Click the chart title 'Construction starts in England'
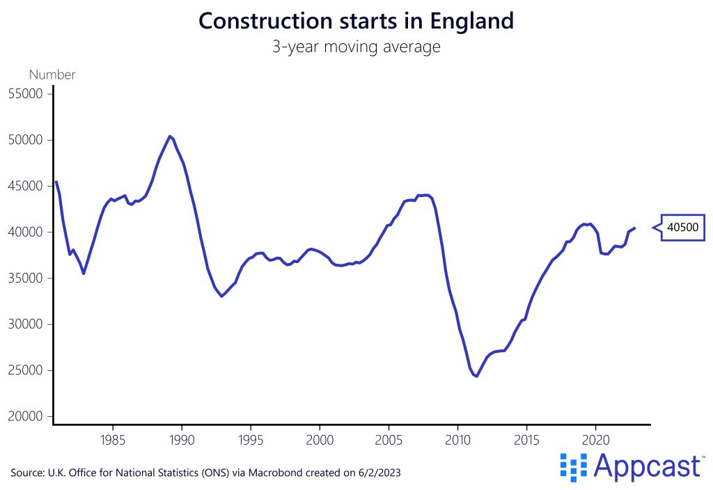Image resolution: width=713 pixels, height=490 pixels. [356, 21]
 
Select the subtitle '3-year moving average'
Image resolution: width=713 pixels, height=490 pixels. [356, 47]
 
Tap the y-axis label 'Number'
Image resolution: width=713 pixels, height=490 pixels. [52, 74]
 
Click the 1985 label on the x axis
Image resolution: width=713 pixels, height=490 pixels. [113, 441]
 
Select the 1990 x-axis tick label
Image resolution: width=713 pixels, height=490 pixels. [182, 441]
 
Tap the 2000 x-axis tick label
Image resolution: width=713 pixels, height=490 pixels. [320, 441]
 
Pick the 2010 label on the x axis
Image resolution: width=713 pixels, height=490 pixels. [457, 441]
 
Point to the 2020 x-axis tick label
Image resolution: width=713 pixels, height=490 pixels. [595, 441]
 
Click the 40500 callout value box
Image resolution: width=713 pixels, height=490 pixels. [683, 227]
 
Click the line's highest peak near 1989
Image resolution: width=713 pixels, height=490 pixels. [169, 136]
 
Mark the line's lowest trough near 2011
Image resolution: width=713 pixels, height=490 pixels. [477, 377]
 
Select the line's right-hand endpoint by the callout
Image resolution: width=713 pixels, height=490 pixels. [634, 228]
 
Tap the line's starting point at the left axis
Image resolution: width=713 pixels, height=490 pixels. [56, 182]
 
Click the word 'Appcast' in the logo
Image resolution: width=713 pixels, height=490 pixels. [647, 467]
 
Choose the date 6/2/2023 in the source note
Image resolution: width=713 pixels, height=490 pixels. [379, 473]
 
